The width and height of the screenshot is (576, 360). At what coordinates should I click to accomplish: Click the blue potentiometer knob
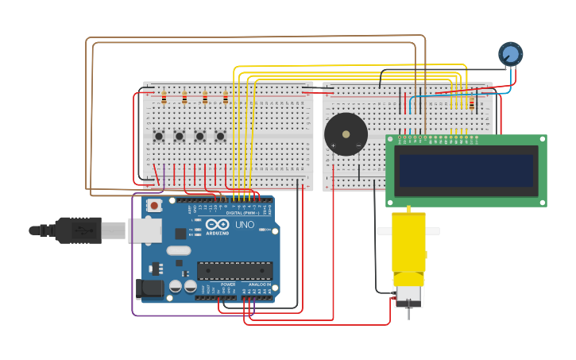[x=510, y=54]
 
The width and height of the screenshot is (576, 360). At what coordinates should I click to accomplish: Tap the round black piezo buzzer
[x=346, y=134]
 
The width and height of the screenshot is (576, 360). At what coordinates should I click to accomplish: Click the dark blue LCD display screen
[x=466, y=171]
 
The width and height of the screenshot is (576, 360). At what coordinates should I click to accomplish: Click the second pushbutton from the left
[x=180, y=136]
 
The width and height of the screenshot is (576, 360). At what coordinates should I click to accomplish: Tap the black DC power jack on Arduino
[x=149, y=288]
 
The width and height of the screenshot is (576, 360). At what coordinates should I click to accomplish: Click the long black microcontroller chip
[x=234, y=271]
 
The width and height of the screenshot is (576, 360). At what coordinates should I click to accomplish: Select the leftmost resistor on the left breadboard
[x=164, y=99]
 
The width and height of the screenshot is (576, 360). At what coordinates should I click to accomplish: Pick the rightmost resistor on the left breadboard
[x=226, y=99]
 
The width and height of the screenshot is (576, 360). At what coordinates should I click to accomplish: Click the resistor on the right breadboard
[x=471, y=104]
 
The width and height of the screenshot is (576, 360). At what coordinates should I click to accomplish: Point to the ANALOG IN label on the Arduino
[x=260, y=285]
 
